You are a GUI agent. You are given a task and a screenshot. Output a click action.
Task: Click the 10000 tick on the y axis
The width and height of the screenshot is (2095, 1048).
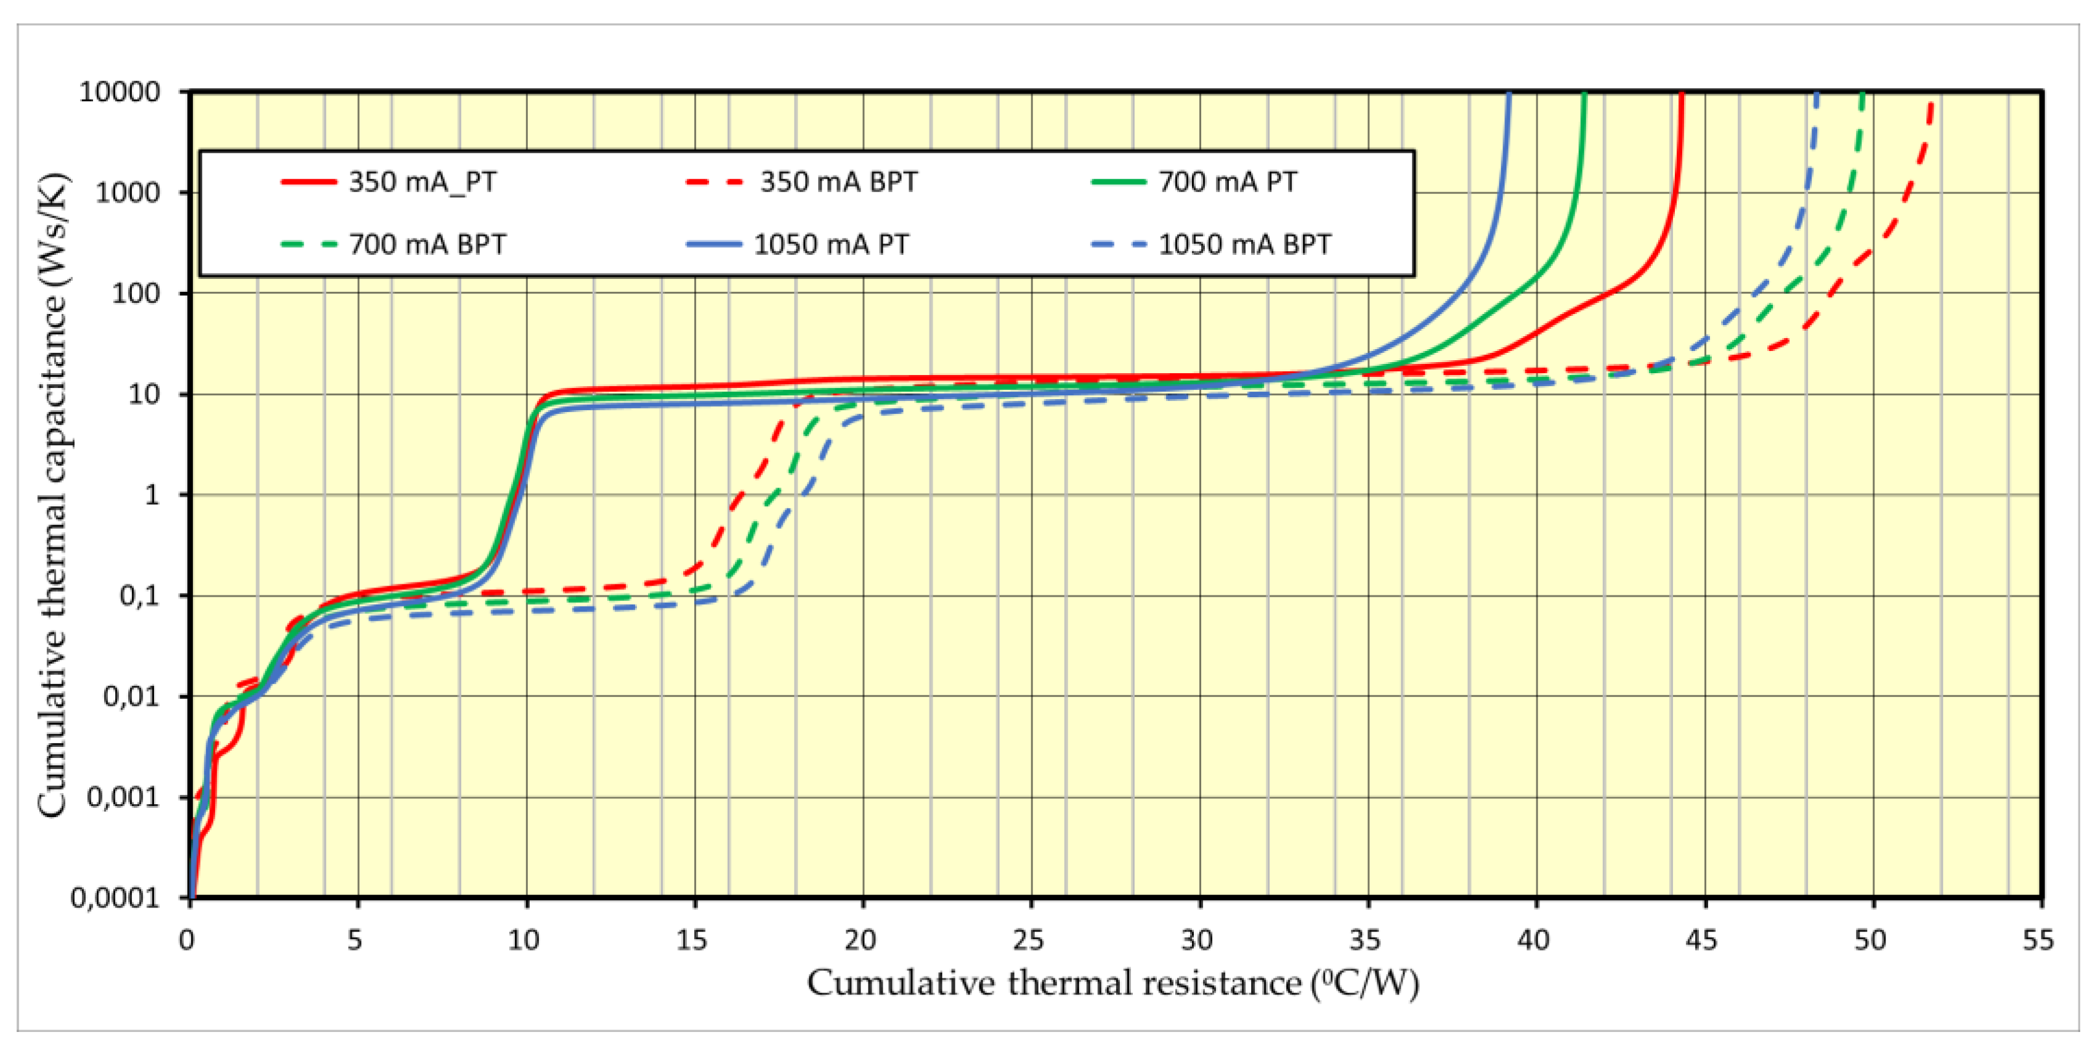point(120,92)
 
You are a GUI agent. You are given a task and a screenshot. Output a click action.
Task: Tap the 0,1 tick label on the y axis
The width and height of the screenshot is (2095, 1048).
point(140,595)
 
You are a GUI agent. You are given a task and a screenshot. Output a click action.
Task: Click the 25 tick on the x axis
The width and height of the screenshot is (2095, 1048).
point(1029,940)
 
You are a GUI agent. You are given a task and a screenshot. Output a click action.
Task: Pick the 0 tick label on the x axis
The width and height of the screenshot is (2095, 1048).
point(187,940)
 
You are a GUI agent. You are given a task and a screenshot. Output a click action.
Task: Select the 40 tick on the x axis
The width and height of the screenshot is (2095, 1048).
point(1534,940)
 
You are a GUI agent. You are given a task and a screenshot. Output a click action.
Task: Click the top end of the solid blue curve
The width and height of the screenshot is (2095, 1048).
point(1509,94)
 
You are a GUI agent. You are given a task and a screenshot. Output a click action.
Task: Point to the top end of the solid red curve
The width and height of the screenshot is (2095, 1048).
point(1681,94)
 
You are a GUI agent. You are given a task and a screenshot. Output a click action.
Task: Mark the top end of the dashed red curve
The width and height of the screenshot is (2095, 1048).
point(1932,102)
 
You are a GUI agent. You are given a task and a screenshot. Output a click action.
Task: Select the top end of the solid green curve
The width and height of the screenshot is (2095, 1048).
point(1584,94)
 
